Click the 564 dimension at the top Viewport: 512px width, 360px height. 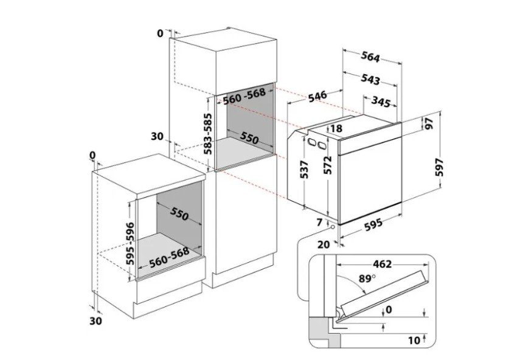pyautogui.click(x=370, y=57)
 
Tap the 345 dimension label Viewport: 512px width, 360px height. pyautogui.click(x=381, y=102)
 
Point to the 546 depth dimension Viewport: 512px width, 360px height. pyautogui.click(x=317, y=95)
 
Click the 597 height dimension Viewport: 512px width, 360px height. pyautogui.click(x=440, y=167)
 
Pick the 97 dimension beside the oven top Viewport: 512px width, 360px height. pyautogui.click(x=429, y=123)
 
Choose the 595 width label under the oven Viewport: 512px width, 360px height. pyautogui.click(x=372, y=224)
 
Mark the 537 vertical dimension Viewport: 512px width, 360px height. pyautogui.click(x=304, y=170)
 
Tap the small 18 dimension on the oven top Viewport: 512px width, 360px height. pyautogui.click(x=336, y=128)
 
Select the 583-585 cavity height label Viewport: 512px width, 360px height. pyautogui.click(x=208, y=134)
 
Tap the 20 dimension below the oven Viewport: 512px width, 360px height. pyautogui.click(x=323, y=244)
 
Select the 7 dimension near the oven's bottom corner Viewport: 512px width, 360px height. pyautogui.click(x=319, y=223)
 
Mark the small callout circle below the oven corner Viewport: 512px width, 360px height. pyautogui.click(x=333, y=227)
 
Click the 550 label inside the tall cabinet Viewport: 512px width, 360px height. pyautogui.click(x=249, y=138)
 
